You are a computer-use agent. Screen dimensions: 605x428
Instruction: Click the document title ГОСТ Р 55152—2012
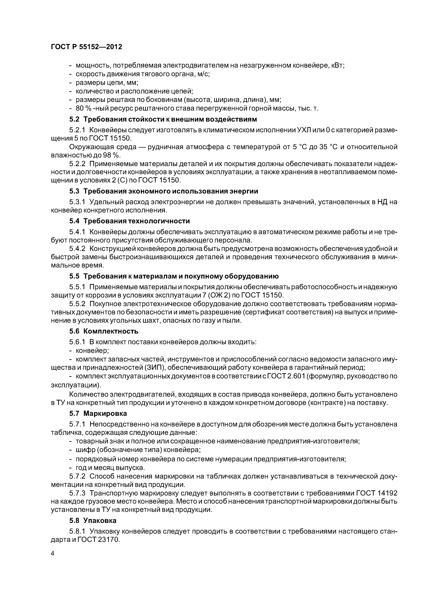86,47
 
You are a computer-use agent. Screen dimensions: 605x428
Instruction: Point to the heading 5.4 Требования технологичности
129,221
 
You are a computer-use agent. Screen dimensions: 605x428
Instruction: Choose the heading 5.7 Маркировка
98,413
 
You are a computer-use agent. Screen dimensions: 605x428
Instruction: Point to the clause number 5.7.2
77,476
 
